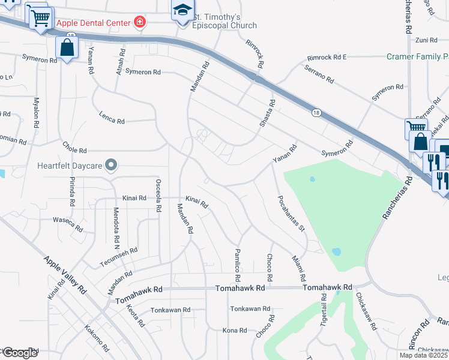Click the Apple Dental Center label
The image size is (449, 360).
93,23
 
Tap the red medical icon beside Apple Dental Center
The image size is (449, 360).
140,23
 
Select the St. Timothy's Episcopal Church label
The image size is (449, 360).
224,21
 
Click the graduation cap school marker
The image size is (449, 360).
182,11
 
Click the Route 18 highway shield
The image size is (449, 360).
316,113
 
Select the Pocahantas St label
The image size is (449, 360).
291,213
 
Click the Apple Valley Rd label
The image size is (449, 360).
65,274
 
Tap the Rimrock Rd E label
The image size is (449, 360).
327,58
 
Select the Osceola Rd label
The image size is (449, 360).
158,196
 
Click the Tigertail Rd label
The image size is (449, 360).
324,309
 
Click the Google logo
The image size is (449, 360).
20,353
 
